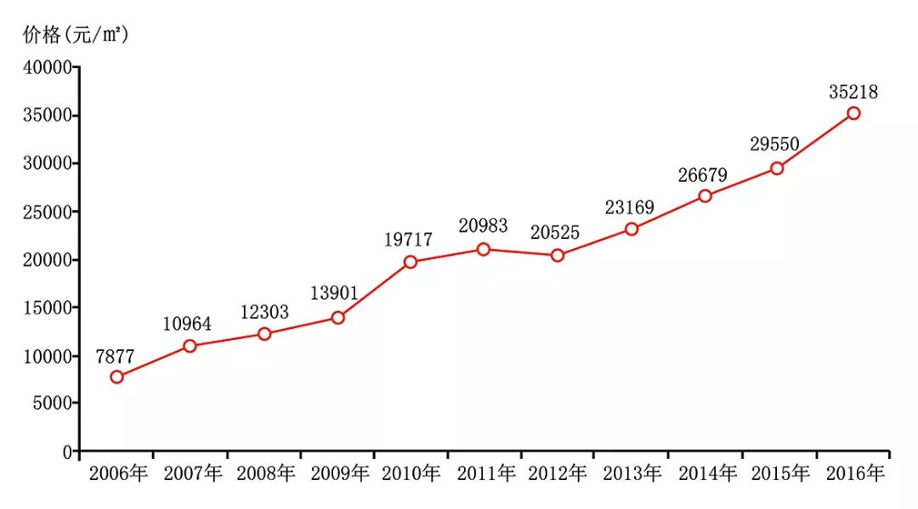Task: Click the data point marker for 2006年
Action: click(x=116, y=376)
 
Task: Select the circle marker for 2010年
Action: click(x=411, y=262)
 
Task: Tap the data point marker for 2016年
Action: click(x=853, y=113)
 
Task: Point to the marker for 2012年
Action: click(x=558, y=255)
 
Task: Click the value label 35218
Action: click(x=853, y=93)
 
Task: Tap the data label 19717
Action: click(x=408, y=240)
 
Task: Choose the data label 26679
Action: click(x=703, y=175)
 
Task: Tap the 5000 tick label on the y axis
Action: click(x=54, y=404)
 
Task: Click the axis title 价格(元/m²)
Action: click(x=76, y=35)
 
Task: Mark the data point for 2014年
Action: click(x=705, y=195)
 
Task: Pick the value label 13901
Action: click(x=334, y=295)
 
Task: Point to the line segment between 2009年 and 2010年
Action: click(x=374, y=290)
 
